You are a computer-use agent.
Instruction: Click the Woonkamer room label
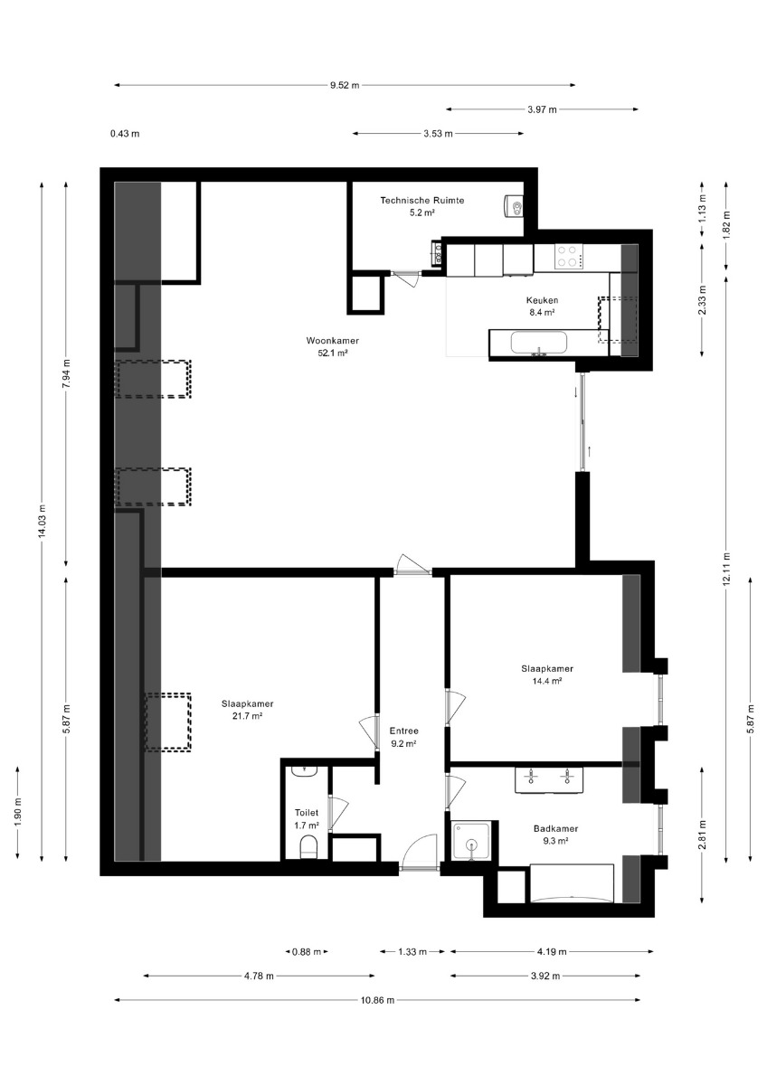[x=332, y=341]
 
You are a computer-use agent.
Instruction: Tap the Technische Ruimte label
[x=421, y=200]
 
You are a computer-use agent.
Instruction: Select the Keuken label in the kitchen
[x=542, y=300]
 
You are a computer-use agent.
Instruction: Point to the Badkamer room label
[x=555, y=828]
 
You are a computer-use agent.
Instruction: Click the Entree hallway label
[x=403, y=731]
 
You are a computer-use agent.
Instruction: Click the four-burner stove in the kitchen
[x=569, y=257]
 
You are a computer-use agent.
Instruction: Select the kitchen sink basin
[x=539, y=344]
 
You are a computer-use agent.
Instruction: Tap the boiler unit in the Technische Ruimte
[x=514, y=207]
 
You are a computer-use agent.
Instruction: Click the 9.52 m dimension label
[x=345, y=85]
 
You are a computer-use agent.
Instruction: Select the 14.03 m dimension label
[x=43, y=521]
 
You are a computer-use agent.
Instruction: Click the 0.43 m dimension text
[x=125, y=134]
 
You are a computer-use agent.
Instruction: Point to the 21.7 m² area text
[x=247, y=716]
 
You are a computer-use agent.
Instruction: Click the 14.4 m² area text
[x=546, y=681]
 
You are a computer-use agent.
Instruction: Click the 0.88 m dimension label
[x=307, y=951]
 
